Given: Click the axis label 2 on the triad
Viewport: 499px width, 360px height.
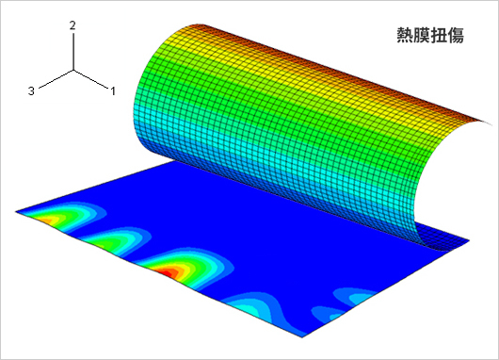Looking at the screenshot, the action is [x=72, y=25].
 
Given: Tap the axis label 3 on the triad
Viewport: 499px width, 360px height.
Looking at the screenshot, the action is [x=31, y=91].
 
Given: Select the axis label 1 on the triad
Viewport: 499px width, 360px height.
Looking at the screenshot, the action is [x=113, y=91].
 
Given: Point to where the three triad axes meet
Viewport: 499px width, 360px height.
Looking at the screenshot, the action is [x=73, y=70].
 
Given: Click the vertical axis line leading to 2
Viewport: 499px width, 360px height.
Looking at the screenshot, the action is [x=73, y=51].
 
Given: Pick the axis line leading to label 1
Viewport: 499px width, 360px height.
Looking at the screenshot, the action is [x=90, y=78].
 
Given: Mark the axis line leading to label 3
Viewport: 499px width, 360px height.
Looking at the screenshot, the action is [x=56, y=78].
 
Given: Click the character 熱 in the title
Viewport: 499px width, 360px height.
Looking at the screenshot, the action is [x=405, y=35].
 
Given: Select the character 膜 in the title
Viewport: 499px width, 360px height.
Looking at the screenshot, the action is [x=422, y=35].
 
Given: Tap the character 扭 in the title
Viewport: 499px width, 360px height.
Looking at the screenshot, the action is [x=439, y=35].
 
